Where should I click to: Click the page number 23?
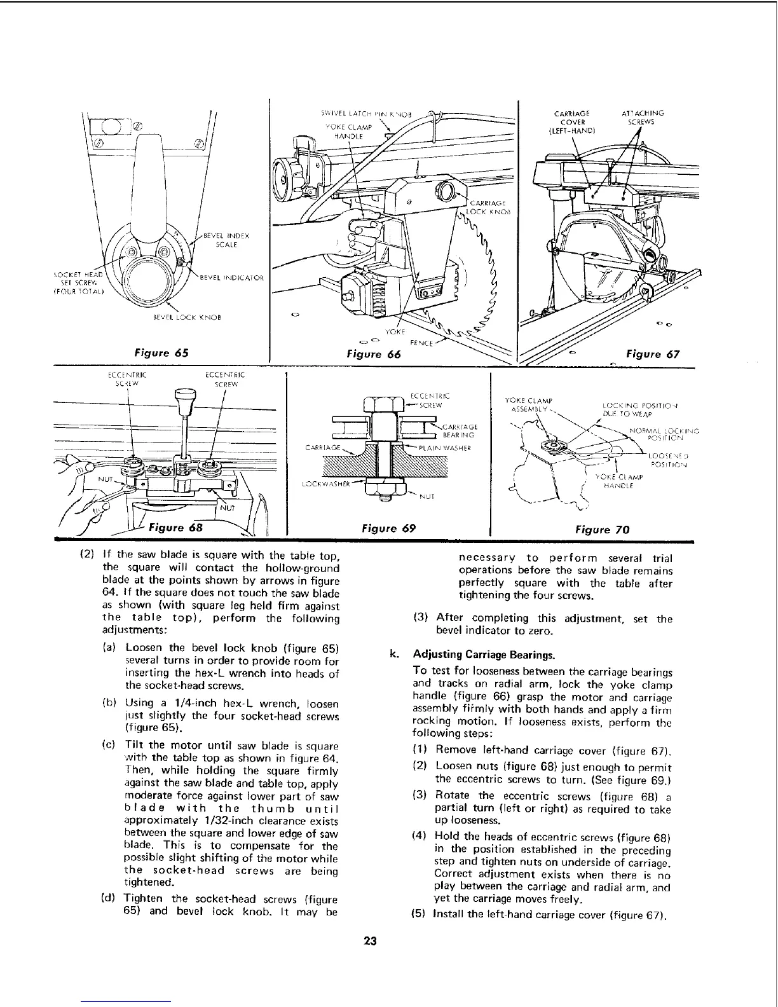click(371, 942)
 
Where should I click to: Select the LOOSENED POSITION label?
click(667, 460)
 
